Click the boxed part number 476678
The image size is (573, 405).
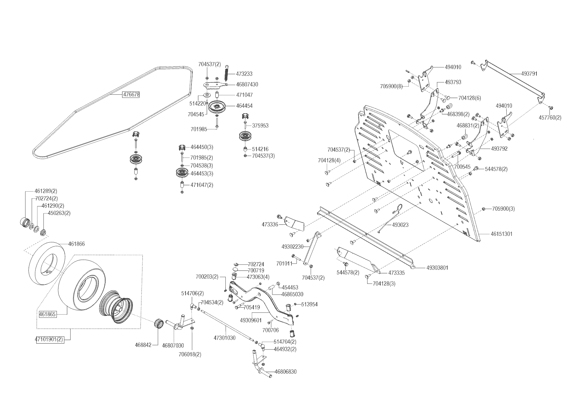(x=131, y=95)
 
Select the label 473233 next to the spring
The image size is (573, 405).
(x=244, y=74)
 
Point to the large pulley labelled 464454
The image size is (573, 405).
(x=217, y=106)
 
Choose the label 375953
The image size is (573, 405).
(x=260, y=126)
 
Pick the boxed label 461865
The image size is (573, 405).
(x=48, y=315)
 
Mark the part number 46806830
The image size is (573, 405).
(x=286, y=372)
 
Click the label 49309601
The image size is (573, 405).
(x=251, y=320)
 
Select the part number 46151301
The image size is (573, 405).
(x=501, y=234)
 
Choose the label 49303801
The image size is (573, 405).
(x=437, y=268)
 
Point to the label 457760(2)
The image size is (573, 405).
(x=550, y=118)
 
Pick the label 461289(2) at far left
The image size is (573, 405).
(x=45, y=191)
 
